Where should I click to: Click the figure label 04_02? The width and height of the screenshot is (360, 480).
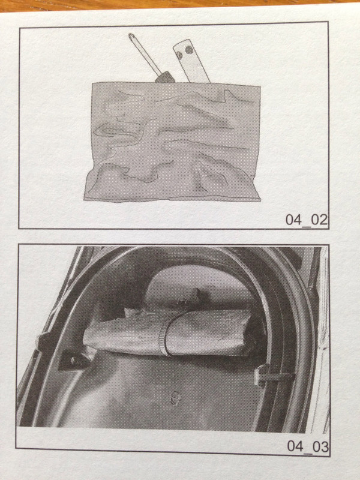click(x=306, y=220)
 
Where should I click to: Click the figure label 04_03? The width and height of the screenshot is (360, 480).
click(x=308, y=446)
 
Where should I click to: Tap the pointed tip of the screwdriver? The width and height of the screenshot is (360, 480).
click(x=131, y=35)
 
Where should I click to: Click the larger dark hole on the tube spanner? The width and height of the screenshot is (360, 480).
click(x=190, y=50)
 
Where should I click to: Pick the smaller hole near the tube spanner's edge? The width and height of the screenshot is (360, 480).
click(x=179, y=55)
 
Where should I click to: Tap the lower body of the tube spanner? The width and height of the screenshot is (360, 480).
click(x=197, y=71)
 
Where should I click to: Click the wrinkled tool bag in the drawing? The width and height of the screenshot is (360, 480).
click(x=173, y=142)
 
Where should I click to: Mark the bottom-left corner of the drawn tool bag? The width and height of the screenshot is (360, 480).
click(x=84, y=200)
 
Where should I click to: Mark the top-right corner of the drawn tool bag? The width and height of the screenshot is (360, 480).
click(x=260, y=86)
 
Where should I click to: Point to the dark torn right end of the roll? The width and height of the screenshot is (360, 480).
click(x=251, y=337)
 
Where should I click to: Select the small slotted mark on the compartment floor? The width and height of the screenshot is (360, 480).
click(x=175, y=398)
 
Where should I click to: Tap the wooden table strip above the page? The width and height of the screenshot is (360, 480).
click(x=180, y=5)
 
